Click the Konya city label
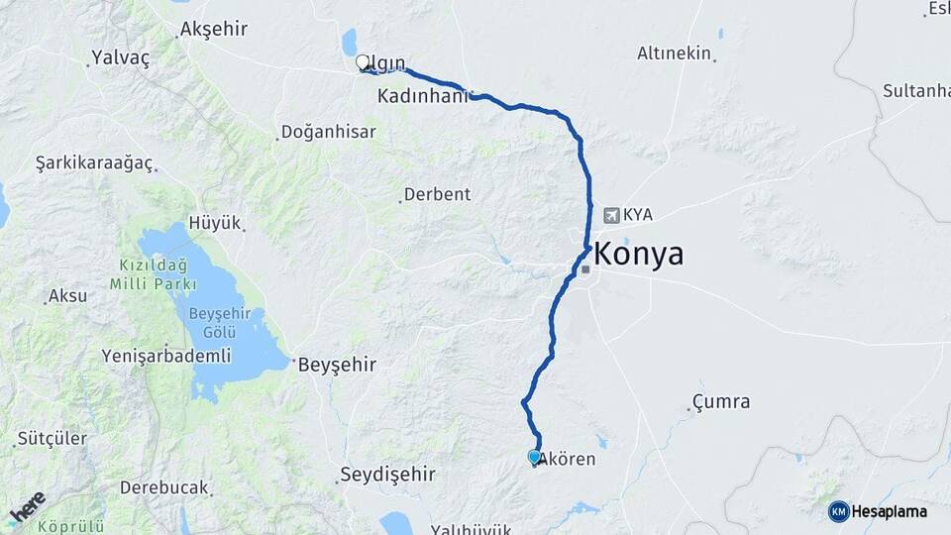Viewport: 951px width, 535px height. click(640, 255)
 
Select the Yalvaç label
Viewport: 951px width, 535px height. click(120, 58)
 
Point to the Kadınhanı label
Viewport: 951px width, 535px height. click(422, 97)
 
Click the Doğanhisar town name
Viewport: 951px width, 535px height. click(328, 131)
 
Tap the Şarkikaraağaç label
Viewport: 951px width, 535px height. click(94, 162)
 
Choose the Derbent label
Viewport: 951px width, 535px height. click(437, 194)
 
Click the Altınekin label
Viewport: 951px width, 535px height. click(675, 53)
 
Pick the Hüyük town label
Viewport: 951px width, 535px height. click(215, 223)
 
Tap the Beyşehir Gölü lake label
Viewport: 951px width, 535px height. click(225, 323)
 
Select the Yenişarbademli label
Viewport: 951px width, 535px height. click(166, 356)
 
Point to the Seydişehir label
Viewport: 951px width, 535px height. click(387, 474)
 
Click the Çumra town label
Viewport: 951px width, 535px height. click(720, 402)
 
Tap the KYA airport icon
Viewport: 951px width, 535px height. click(611, 214)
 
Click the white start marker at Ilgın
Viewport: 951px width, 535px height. click(363, 62)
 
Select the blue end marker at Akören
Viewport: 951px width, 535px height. click(535, 457)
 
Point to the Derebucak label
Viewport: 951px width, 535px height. click(164, 487)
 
